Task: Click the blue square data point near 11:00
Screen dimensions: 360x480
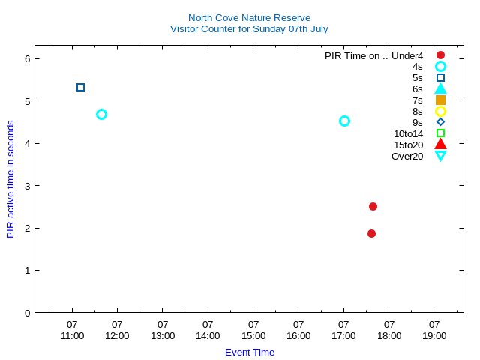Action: coord(80,88)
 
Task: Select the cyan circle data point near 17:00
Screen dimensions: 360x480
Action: coord(344,121)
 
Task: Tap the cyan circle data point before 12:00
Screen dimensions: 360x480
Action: coord(101,114)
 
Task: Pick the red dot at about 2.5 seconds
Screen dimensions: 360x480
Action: coord(373,206)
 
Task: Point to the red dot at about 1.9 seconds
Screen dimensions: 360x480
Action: coord(371,233)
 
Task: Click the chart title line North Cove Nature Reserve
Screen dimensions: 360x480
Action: coord(249,17)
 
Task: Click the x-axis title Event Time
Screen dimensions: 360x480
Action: coord(250,352)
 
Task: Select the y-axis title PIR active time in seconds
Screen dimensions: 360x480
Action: coord(10,179)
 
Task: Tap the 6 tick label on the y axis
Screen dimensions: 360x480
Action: coord(27,58)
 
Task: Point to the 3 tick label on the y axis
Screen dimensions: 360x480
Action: coord(27,185)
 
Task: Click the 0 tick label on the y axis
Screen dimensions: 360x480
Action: coord(27,313)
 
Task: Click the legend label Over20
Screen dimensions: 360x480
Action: coord(407,156)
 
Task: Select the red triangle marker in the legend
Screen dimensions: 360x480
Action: coord(440,144)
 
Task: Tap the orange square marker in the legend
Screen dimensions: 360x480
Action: coord(440,100)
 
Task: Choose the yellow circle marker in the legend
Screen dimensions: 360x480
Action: coord(440,111)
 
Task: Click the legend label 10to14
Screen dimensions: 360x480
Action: coord(408,133)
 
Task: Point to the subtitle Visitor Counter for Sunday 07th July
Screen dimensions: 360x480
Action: coord(249,29)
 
